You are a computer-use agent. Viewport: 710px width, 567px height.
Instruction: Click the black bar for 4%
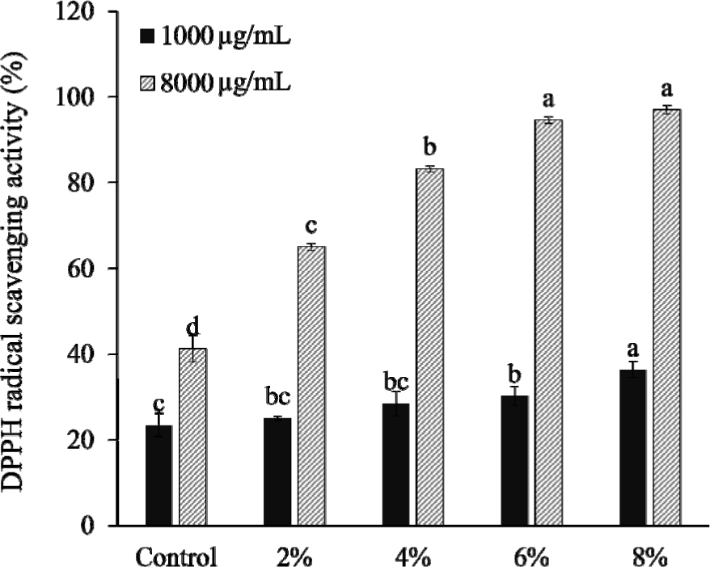point(396,464)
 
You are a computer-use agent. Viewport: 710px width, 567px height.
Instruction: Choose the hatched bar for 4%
point(430,347)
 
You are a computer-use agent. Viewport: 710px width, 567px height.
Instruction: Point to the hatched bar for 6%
point(549,323)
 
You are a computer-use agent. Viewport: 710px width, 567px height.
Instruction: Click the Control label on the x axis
point(176,557)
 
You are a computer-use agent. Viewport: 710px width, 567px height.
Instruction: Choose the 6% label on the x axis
point(532,557)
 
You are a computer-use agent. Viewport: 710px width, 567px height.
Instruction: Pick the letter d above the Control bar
point(192,328)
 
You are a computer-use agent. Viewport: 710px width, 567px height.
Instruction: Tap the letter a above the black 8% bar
point(633,350)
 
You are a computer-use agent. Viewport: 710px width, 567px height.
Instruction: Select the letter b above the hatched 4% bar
point(430,150)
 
